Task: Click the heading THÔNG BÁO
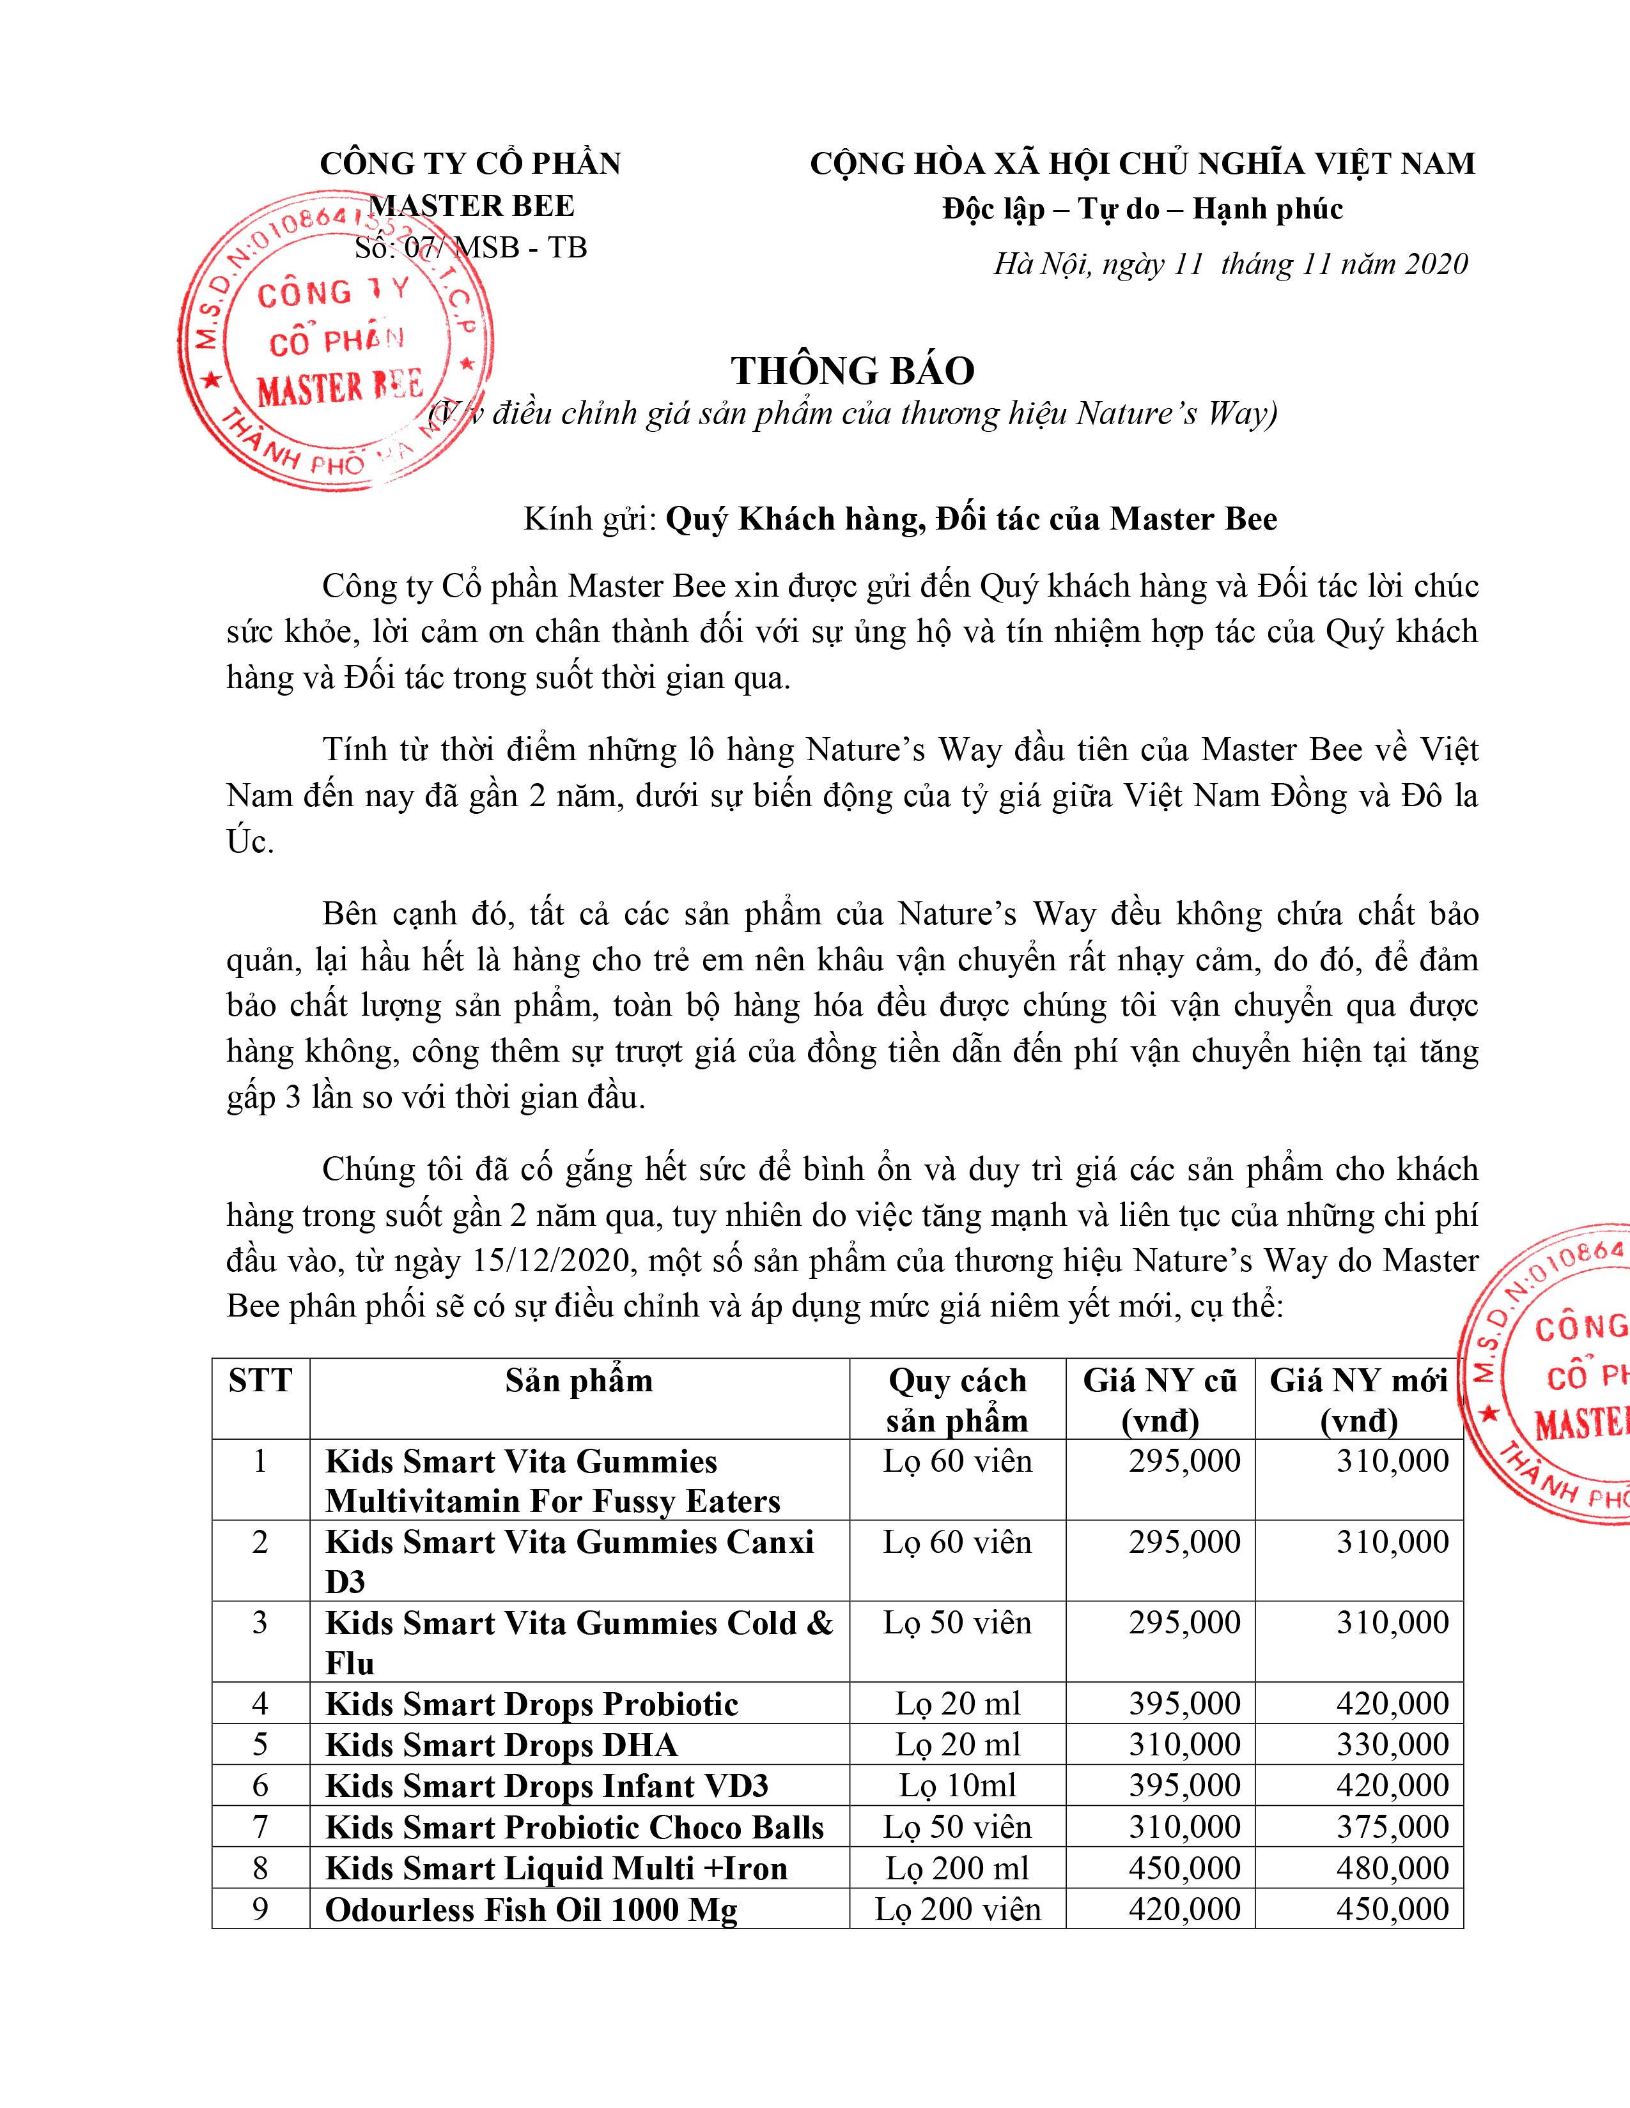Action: click(x=853, y=370)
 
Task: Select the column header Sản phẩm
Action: click(x=578, y=1380)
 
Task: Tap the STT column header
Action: click(x=260, y=1380)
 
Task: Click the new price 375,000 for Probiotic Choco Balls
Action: click(x=1392, y=1826)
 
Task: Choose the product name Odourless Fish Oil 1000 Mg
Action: click(x=531, y=1909)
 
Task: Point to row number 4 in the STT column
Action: click(x=260, y=1704)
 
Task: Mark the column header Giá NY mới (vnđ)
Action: click(x=1359, y=1400)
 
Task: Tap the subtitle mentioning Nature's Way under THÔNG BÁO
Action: click(x=853, y=413)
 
